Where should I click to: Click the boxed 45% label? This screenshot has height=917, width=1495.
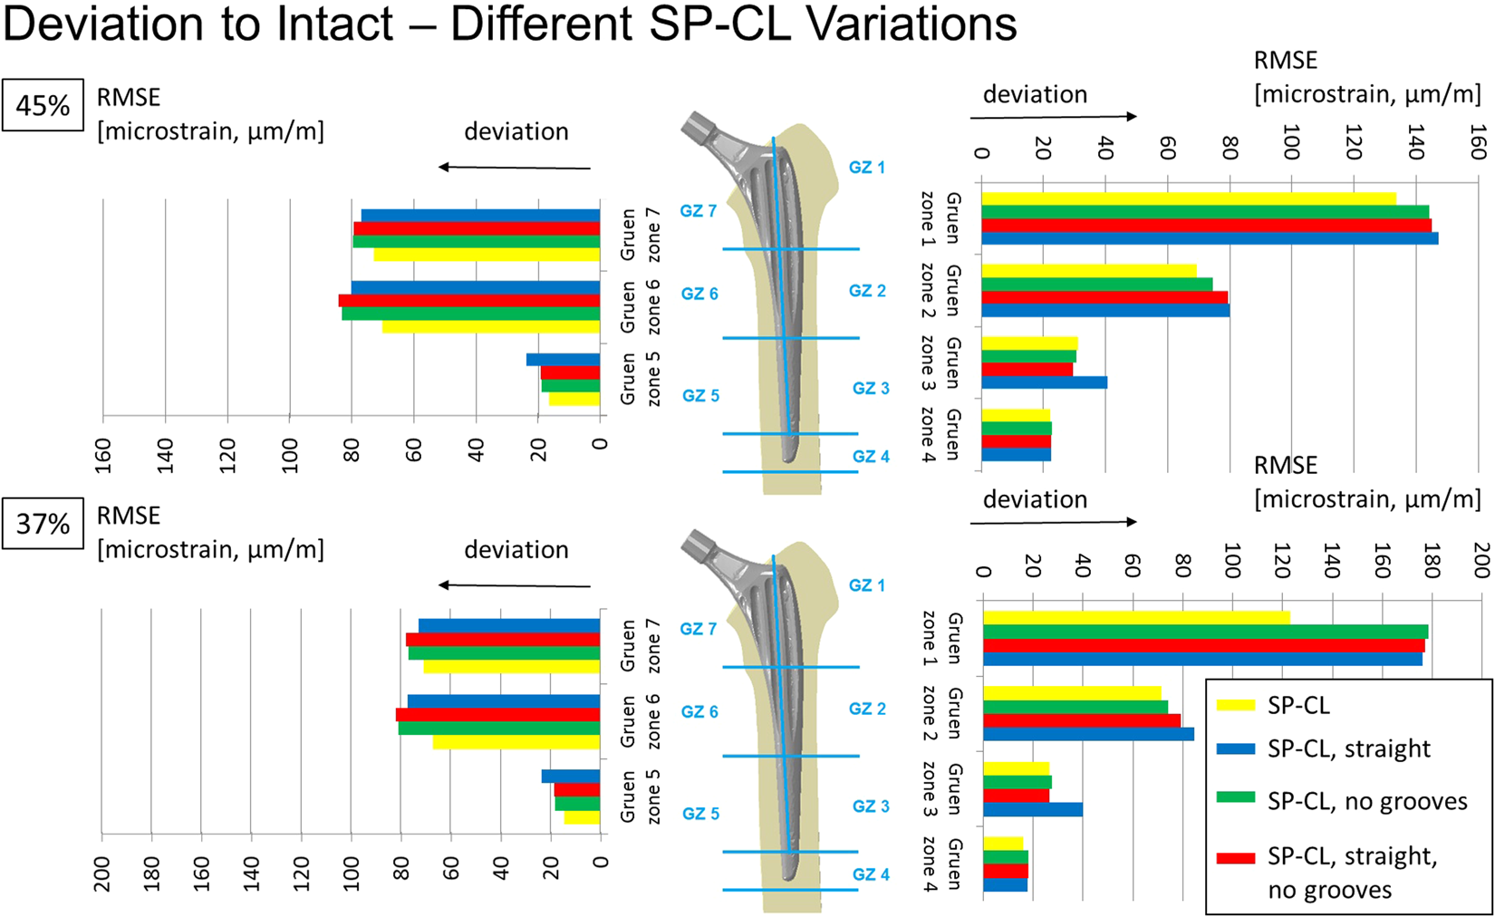pos(43,106)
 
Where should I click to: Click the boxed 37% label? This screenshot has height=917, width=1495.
pos(43,524)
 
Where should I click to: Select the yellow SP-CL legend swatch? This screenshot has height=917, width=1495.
pos(1235,705)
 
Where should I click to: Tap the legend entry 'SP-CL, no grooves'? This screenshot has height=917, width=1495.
pos(1366,801)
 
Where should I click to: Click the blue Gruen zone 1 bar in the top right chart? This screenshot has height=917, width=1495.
pos(1208,239)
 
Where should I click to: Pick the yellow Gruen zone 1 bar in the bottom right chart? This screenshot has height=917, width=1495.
pos(1135,618)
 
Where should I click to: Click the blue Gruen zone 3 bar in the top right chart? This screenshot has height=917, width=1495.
pos(1043,382)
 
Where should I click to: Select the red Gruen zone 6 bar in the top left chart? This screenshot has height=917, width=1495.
pos(469,301)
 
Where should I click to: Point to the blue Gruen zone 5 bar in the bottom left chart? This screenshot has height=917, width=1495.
pos(571,777)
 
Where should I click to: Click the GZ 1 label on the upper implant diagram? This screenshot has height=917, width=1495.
pos(867,168)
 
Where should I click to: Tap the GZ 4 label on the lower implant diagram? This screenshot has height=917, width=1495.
pos(871,874)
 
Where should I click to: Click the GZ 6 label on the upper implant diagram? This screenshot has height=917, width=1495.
pos(699,294)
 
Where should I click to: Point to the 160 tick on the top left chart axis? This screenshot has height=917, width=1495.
pos(103,455)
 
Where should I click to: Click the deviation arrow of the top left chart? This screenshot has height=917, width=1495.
pos(515,168)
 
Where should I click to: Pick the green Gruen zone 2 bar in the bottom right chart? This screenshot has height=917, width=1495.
pos(1075,707)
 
